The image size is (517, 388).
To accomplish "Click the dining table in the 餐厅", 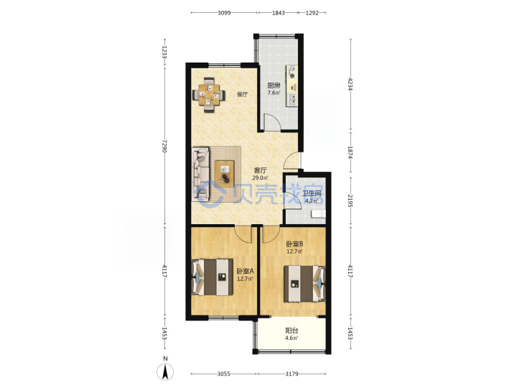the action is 210,95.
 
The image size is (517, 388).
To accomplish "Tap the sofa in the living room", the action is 201,174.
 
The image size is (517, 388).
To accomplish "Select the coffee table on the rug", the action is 225,172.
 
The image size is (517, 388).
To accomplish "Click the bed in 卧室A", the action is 213,277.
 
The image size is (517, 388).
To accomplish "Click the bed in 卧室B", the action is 304,284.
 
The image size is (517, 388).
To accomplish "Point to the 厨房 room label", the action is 274,86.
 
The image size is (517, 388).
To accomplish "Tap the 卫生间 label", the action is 312,193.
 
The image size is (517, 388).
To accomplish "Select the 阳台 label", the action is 292,331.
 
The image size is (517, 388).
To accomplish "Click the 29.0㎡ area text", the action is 260,178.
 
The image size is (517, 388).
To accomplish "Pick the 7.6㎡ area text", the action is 274,93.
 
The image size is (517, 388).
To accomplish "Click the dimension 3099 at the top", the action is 224,13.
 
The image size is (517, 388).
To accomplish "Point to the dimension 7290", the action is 164,146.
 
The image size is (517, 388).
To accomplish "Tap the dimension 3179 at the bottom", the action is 292,374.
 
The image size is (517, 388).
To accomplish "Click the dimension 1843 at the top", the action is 279,13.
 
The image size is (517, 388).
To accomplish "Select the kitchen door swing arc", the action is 276,117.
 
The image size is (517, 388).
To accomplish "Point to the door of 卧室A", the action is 243,234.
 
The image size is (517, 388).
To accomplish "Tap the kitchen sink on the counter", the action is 292,99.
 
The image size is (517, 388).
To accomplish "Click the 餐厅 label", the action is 243,94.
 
